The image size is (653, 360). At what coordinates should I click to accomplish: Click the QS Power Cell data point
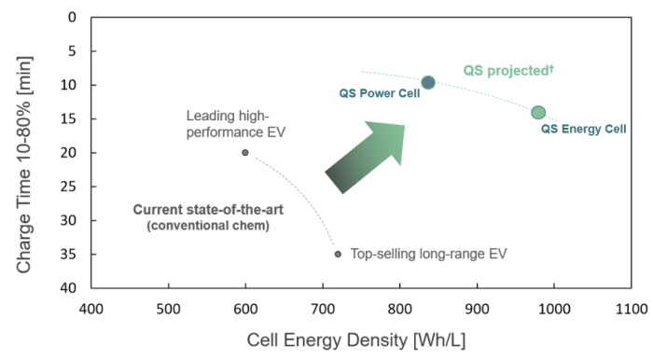pos(428,83)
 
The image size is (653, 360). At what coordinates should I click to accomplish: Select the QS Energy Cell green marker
pos(538,113)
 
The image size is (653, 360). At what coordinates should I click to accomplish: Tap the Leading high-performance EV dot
pos(245,152)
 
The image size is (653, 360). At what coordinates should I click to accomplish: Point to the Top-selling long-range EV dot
pos(338,254)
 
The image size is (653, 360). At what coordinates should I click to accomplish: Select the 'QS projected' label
pos(504,70)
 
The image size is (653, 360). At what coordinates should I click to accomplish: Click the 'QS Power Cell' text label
pos(373,93)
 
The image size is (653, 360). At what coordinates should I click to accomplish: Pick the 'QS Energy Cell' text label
pos(583,129)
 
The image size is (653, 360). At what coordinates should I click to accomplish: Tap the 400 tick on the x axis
pos(90,308)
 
